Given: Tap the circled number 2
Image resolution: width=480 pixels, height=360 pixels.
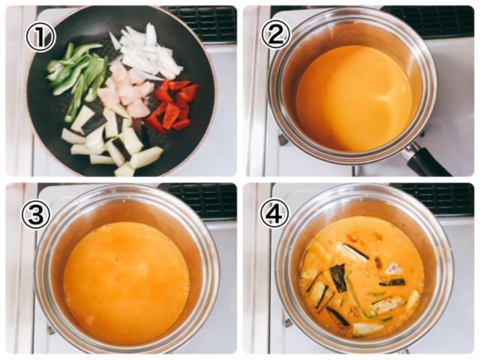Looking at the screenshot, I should coord(275,34).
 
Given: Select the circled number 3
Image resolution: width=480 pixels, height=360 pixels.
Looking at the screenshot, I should coord(35,215).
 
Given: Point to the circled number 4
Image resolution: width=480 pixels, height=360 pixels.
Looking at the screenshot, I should coord(274,213).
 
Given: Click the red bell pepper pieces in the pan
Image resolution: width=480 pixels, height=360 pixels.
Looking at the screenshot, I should coord(172,106).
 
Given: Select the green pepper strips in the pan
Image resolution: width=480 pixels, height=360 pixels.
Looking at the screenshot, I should coord(79,75).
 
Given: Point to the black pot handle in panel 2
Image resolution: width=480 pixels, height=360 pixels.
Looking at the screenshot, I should coord(427,160).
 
